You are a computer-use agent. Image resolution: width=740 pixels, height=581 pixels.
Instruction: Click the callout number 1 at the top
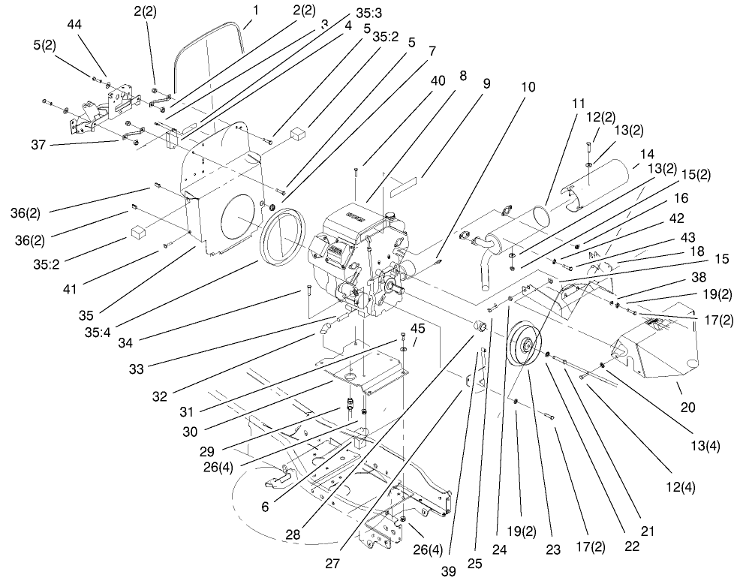(256, 12)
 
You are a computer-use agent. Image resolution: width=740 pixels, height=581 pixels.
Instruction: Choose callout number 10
(528, 87)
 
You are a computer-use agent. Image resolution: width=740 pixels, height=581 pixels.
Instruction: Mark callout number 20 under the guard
(687, 408)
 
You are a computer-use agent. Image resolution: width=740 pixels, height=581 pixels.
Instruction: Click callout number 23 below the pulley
(552, 549)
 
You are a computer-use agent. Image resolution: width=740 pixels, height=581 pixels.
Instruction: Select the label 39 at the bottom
(448, 570)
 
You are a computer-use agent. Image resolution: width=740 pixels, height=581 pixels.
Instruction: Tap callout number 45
(417, 328)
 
